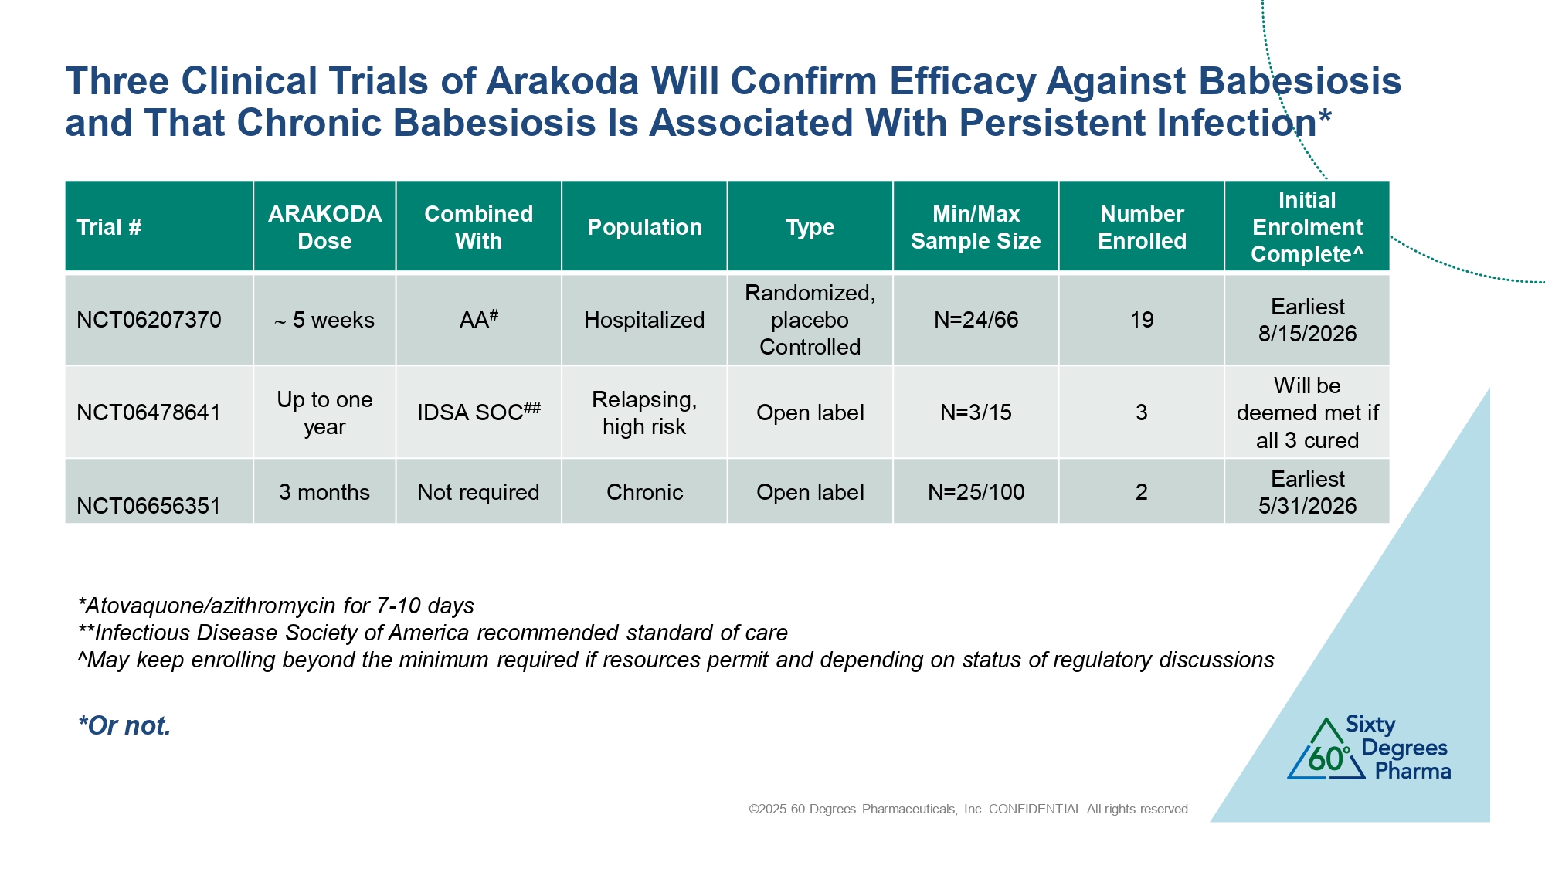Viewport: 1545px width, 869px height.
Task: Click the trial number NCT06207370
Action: coord(149,320)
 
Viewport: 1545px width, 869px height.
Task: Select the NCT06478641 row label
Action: coord(149,412)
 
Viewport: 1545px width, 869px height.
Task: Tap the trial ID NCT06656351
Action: coord(149,506)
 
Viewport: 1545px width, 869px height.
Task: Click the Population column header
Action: coord(644,227)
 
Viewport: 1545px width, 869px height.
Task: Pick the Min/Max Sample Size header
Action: coord(976,227)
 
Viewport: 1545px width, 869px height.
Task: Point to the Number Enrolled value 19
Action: coord(1142,320)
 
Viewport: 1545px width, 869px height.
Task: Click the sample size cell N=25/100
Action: coord(976,492)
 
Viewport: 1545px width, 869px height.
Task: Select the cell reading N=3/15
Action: coord(976,412)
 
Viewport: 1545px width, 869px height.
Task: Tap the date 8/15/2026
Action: coord(1307,334)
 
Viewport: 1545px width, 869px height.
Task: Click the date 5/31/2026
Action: coord(1307,506)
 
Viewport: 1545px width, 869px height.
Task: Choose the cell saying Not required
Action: coord(478,492)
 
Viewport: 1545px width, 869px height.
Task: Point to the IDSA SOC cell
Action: coord(479,412)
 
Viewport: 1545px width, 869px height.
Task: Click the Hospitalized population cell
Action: coord(644,320)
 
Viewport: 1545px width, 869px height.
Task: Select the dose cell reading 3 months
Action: coord(324,492)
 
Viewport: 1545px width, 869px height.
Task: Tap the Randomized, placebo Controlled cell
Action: coord(810,320)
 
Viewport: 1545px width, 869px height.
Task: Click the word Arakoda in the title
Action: coord(562,81)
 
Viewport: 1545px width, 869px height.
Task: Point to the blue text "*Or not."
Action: coord(124,725)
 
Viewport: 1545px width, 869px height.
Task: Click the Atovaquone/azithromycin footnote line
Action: coord(277,606)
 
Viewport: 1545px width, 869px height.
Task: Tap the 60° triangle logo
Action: coord(1326,749)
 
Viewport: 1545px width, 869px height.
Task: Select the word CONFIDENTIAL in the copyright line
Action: coord(1035,809)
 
